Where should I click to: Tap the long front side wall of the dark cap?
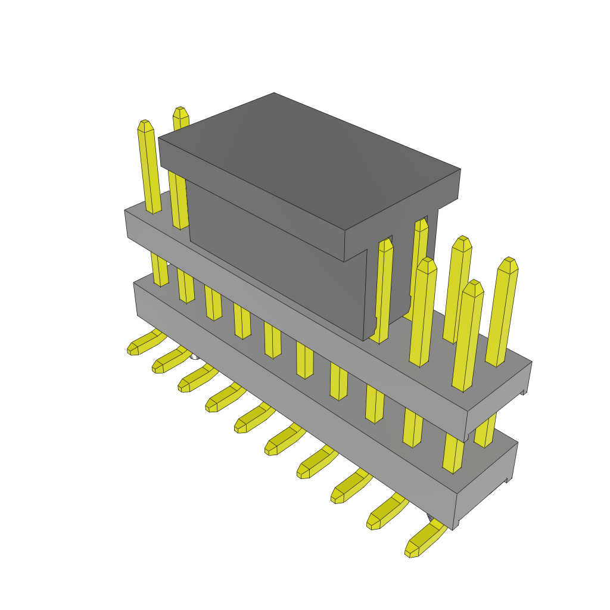click(x=274, y=262)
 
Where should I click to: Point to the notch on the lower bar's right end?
click(x=509, y=480)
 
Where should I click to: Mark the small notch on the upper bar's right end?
click(x=524, y=391)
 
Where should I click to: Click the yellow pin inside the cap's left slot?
click(x=384, y=286)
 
